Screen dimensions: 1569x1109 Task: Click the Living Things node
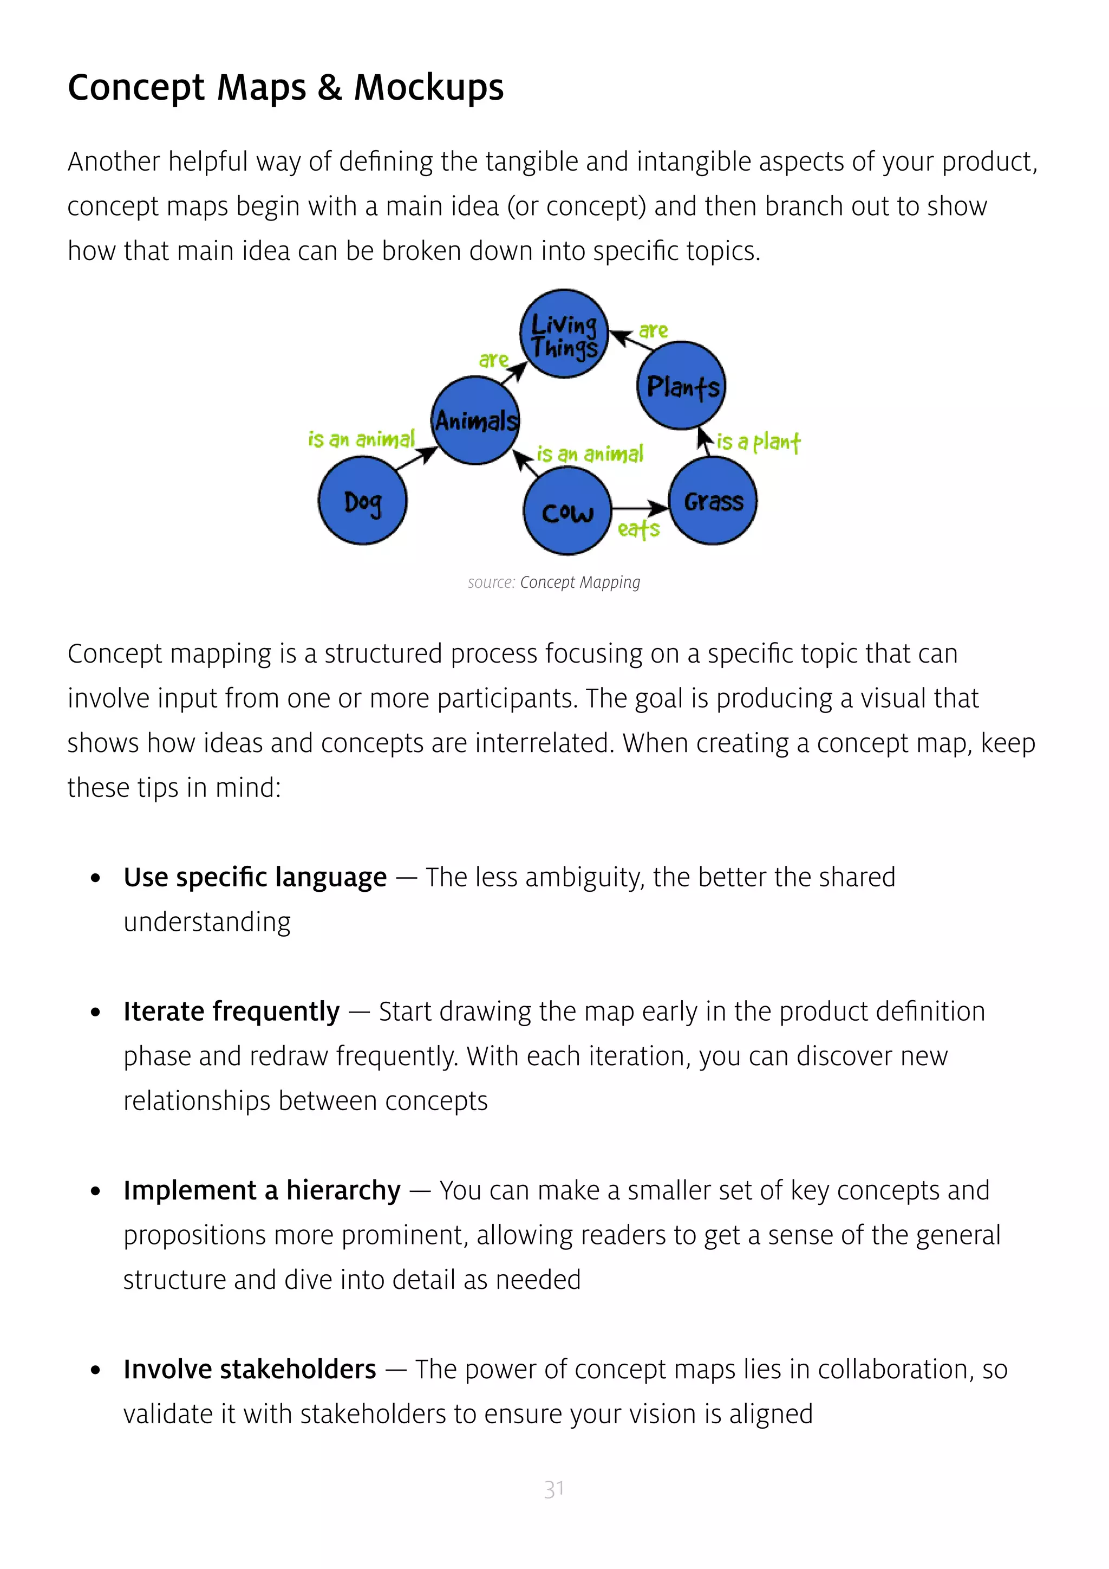tap(564, 334)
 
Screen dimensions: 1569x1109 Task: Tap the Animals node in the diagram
tap(476, 420)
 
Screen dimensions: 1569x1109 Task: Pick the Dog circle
tap(363, 501)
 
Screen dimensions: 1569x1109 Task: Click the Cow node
tap(567, 511)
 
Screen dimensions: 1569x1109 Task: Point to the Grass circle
tap(714, 501)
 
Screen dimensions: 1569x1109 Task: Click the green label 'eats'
tap(638, 530)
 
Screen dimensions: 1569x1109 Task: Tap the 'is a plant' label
tap(758, 442)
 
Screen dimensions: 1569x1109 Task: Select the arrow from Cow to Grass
tap(638, 508)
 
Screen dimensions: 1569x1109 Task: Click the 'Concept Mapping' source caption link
tap(580, 582)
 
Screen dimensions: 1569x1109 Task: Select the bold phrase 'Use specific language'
tap(255, 878)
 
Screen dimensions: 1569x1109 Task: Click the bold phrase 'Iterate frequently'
tap(232, 1012)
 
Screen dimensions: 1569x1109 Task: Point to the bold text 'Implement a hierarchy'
tap(262, 1191)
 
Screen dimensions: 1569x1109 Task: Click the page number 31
tap(554, 1489)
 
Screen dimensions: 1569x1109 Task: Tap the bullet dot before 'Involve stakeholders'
tap(96, 1371)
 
